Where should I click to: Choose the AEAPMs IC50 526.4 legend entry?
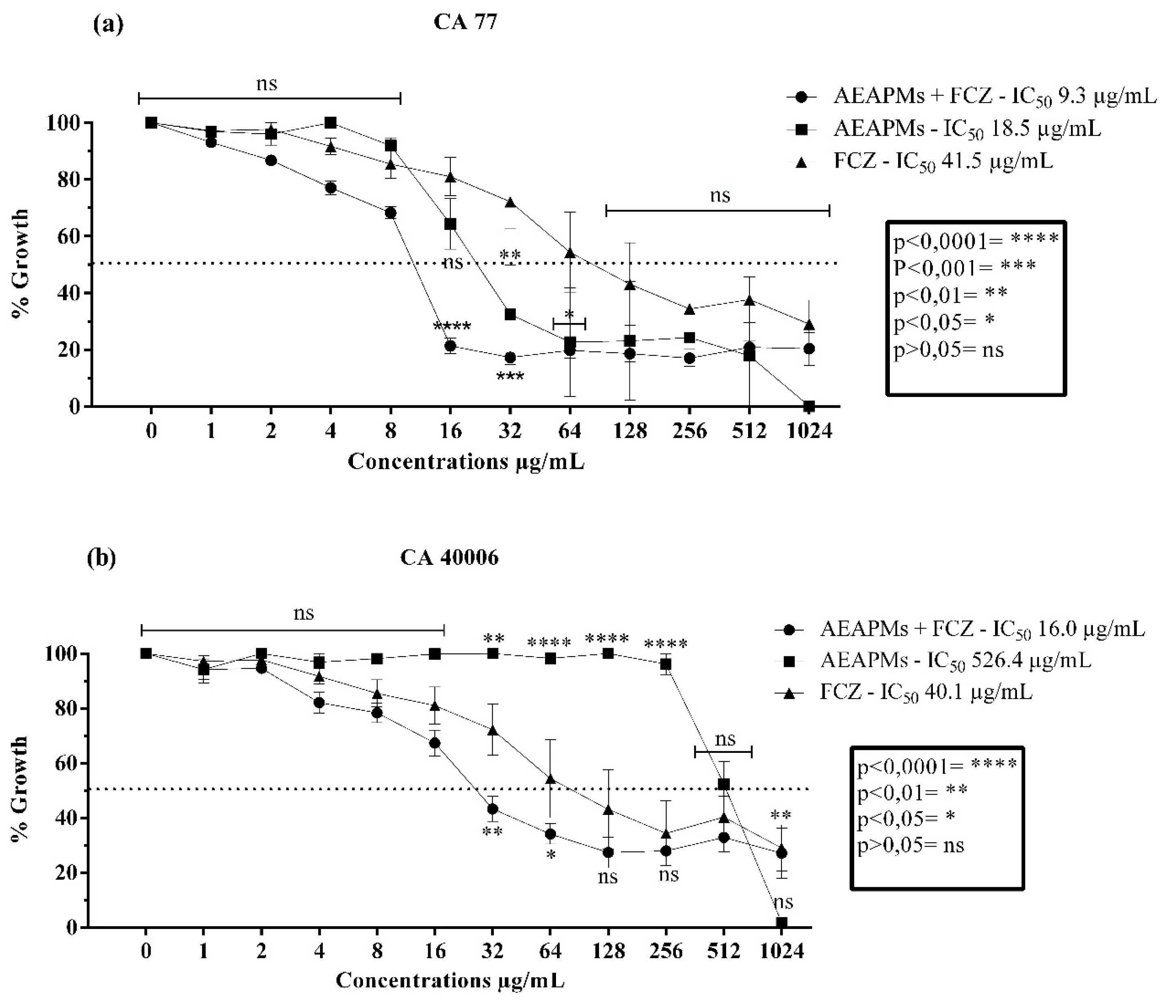click(x=955, y=661)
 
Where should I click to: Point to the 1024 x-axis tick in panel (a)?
click(x=809, y=431)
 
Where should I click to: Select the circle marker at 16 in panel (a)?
click(x=450, y=346)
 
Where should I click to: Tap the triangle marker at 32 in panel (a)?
click(x=510, y=203)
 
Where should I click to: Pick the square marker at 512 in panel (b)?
click(x=724, y=784)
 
